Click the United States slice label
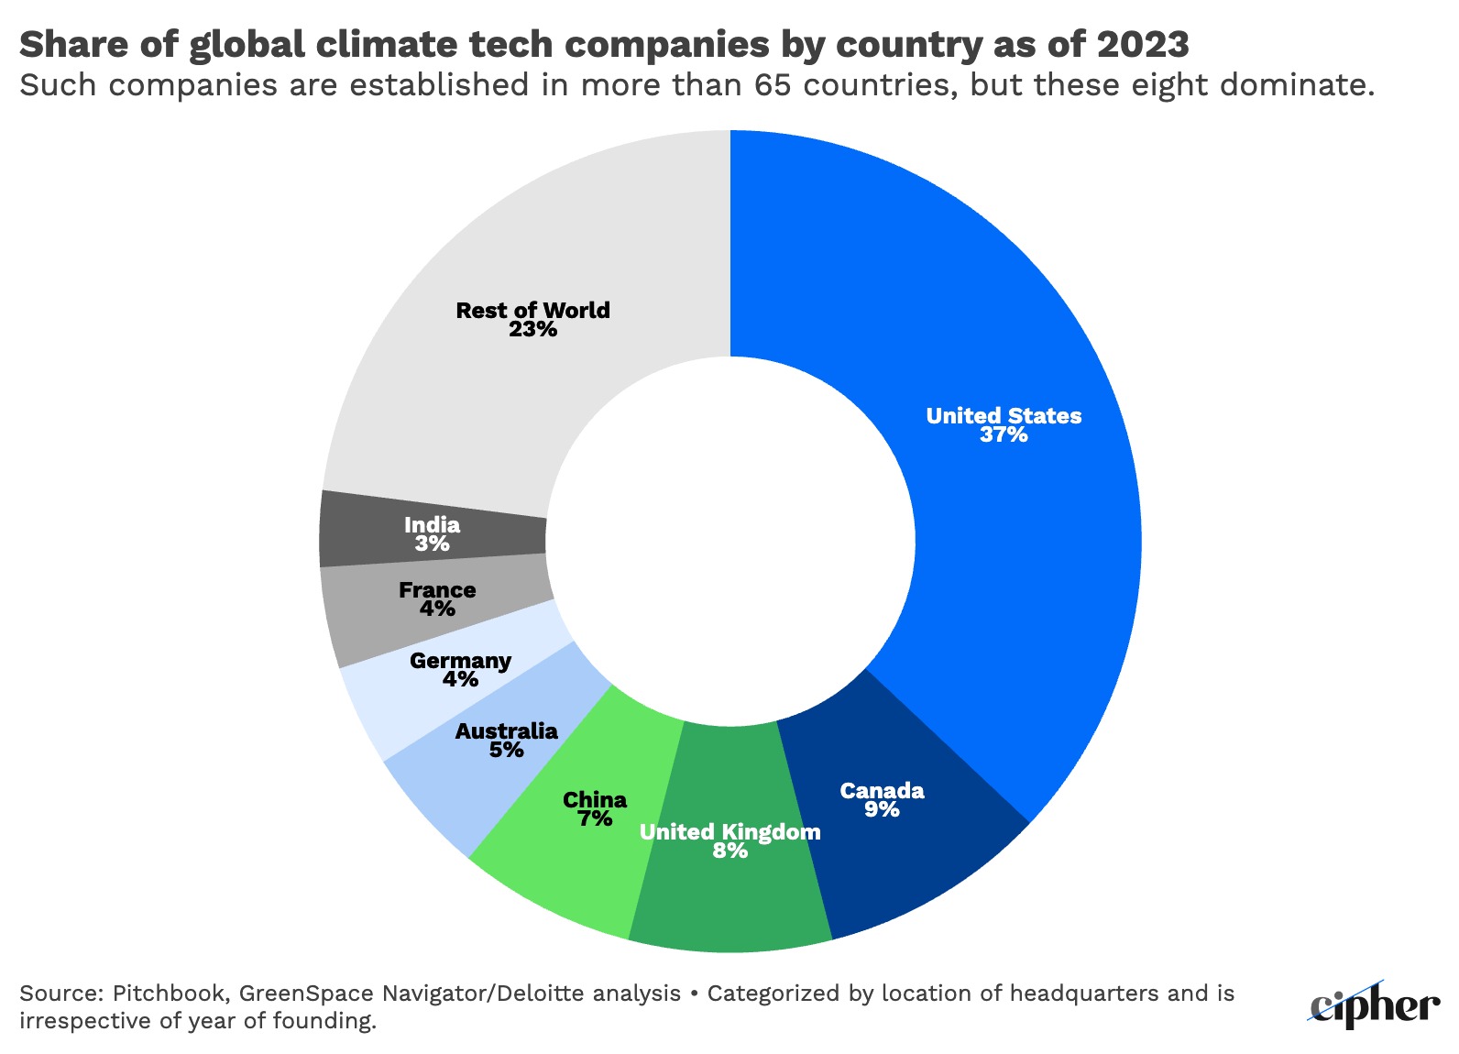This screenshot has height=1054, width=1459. pyautogui.click(x=1004, y=415)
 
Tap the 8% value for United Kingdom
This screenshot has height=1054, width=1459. pyautogui.click(x=730, y=851)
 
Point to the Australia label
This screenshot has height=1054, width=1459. pyautogui.click(x=506, y=730)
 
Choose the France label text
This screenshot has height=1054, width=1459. pyautogui.click(x=437, y=589)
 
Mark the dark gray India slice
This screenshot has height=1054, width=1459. pyautogui.click(x=367, y=530)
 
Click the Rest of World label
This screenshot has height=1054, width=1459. pyautogui.click(x=532, y=310)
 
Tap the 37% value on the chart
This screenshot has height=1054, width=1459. pyautogui.click(x=1004, y=435)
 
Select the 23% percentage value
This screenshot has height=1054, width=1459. pyautogui.click(x=532, y=329)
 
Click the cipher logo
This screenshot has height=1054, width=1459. pyautogui.click(x=1374, y=1005)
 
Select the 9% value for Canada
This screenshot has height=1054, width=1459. pyautogui.click(x=882, y=809)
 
